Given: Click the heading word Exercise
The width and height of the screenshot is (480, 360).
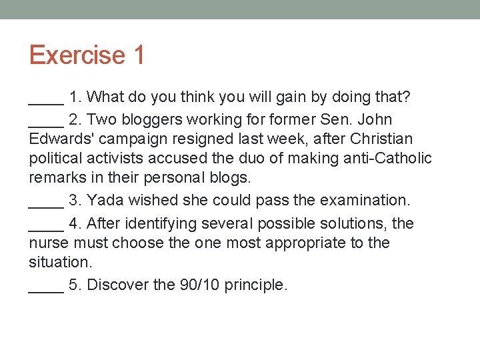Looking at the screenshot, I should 77,55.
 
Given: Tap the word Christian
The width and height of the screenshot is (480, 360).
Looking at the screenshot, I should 382,139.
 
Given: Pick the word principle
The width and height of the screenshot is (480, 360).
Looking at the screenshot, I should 256,286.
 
